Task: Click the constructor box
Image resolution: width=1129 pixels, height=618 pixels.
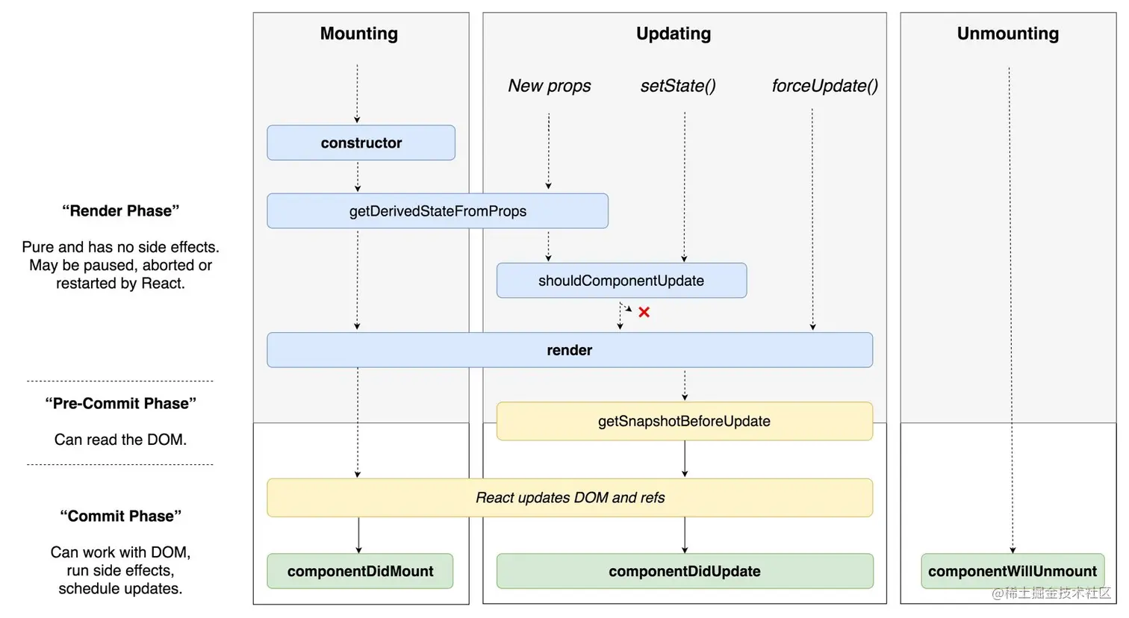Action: (361, 143)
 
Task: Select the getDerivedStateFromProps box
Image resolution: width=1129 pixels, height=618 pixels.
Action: (438, 211)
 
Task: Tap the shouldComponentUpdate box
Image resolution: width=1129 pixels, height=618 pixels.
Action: (621, 281)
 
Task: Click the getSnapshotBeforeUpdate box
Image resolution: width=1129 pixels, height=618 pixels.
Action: (684, 421)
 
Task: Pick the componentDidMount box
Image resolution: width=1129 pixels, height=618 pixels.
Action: (360, 571)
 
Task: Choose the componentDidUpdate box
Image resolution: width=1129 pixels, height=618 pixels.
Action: (684, 571)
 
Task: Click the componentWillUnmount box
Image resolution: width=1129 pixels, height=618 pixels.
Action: (1012, 571)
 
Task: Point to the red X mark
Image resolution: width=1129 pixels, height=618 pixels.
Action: (644, 312)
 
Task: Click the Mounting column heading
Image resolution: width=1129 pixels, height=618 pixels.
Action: (359, 34)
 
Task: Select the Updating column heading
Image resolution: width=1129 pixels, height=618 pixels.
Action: (674, 34)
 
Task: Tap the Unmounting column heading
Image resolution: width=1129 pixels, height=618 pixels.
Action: (1008, 34)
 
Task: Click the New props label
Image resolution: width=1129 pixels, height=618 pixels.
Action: (549, 86)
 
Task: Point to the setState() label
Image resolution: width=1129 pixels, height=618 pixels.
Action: (678, 86)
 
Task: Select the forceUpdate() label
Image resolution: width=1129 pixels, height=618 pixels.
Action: (824, 86)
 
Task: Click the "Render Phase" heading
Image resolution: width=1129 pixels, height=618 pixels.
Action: (120, 211)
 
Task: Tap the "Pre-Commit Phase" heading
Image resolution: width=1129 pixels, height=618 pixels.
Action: (120, 404)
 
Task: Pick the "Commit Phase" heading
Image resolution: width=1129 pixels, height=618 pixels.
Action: (120, 516)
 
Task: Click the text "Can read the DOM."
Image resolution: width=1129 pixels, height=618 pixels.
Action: (120, 440)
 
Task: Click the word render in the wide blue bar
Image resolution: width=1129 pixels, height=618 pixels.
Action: (569, 350)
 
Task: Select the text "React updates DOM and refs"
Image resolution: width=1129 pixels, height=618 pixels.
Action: (570, 498)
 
